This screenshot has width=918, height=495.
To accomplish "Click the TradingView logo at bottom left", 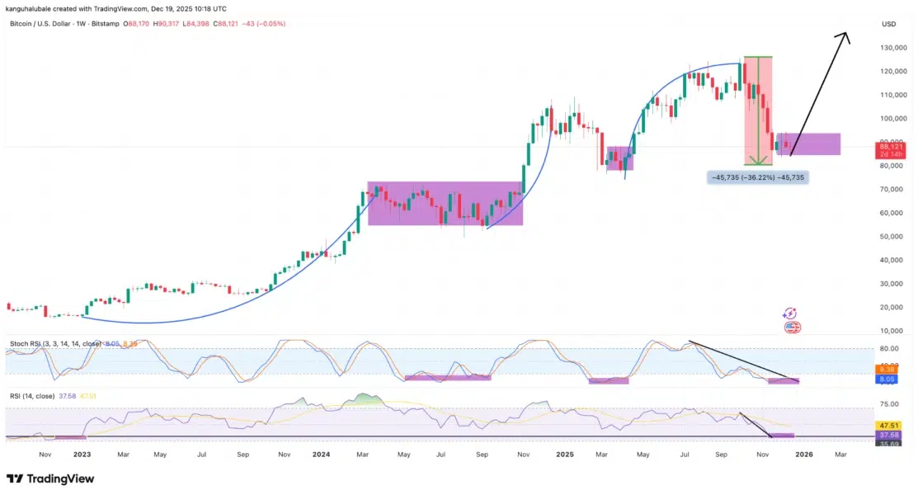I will coord(50,478).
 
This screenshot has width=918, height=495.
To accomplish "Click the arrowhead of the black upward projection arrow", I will coord(845,35).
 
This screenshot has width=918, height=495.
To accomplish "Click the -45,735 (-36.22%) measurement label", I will coord(757,177).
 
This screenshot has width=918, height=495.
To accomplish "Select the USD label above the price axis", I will coord(889,24).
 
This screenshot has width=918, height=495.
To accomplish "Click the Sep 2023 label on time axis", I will coord(242,454).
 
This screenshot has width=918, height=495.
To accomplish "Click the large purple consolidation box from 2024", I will coord(445,203).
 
